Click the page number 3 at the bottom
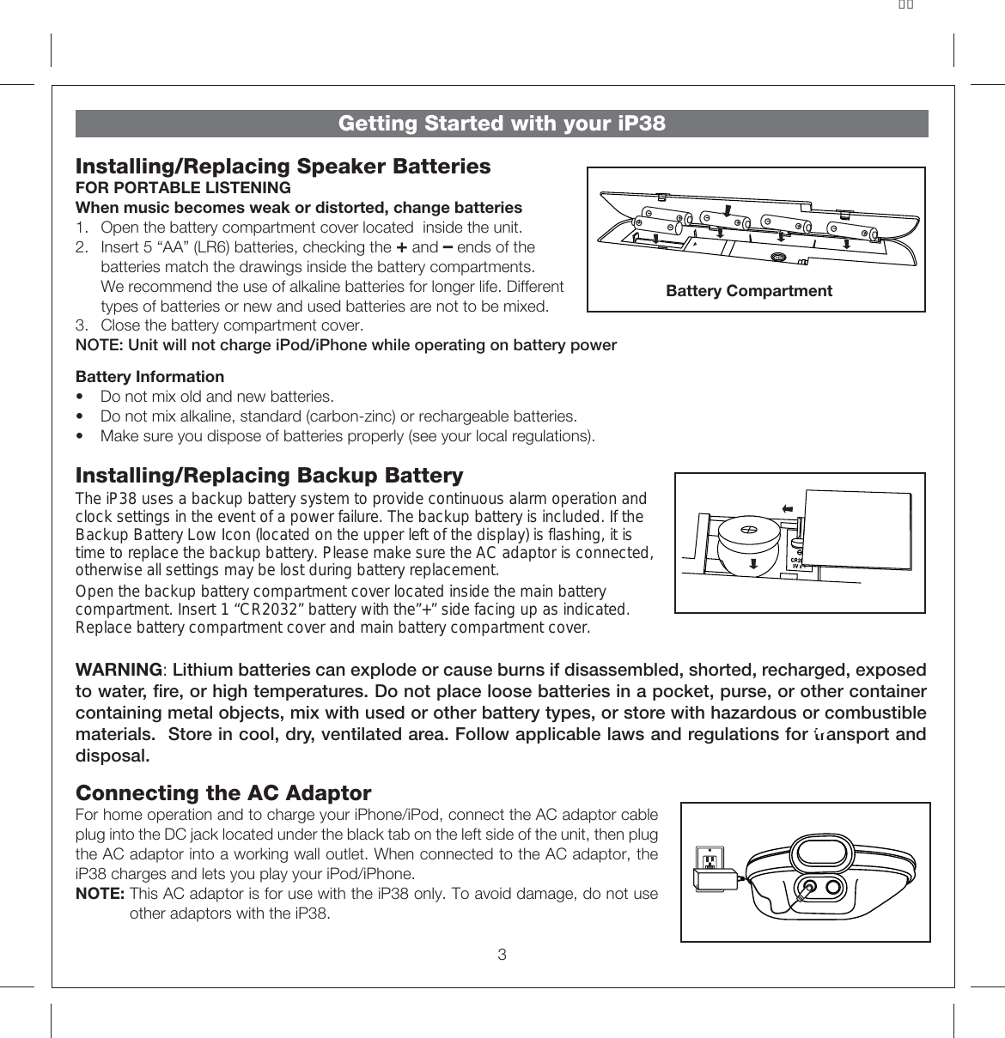click(x=502, y=955)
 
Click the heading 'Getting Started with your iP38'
click(x=502, y=124)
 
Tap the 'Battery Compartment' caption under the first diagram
click(x=749, y=291)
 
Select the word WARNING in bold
click(x=119, y=670)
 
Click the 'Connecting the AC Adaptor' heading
click(x=223, y=792)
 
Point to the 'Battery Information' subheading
click(x=149, y=377)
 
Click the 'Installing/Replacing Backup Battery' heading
click(x=269, y=476)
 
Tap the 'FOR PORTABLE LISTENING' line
click(x=183, y=188)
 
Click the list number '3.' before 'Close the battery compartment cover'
click(x=82, y=325)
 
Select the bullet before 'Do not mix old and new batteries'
click(x=81, y=397)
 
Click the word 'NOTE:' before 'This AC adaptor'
click(x=100, y=894)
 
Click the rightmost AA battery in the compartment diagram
click(x=852, y=230)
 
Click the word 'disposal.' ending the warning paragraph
click(x=113, y=756)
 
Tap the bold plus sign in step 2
click(x=401, y=247)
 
